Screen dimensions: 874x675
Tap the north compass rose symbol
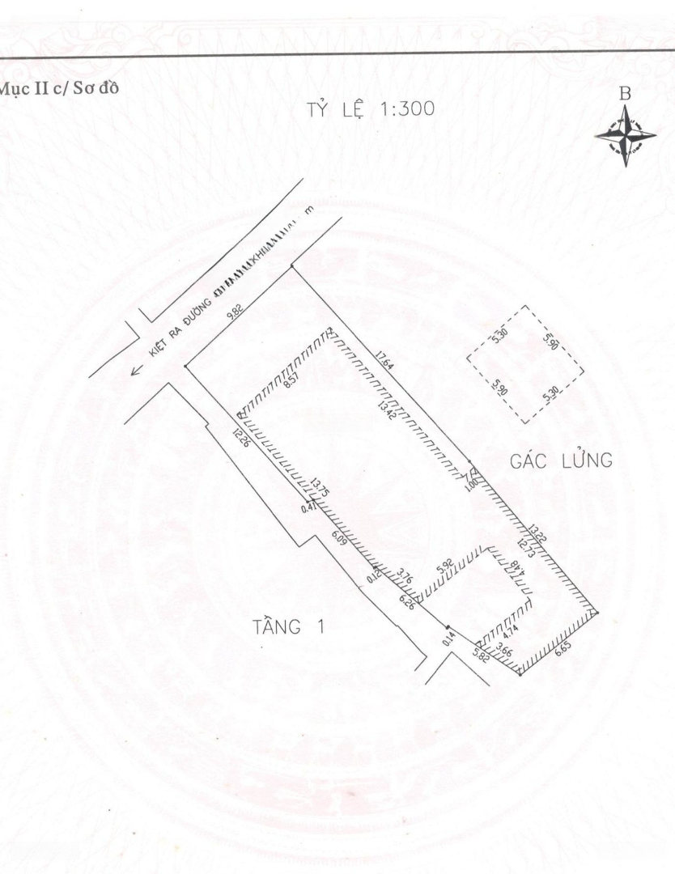click(x=625, y=135)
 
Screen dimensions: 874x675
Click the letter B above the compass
click(x=625, y=95)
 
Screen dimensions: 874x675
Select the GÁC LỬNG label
click(x=559, y=460)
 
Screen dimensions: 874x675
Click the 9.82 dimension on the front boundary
click(x=236, y=312)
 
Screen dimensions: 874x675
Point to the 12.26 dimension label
click(x=239, y=438)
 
